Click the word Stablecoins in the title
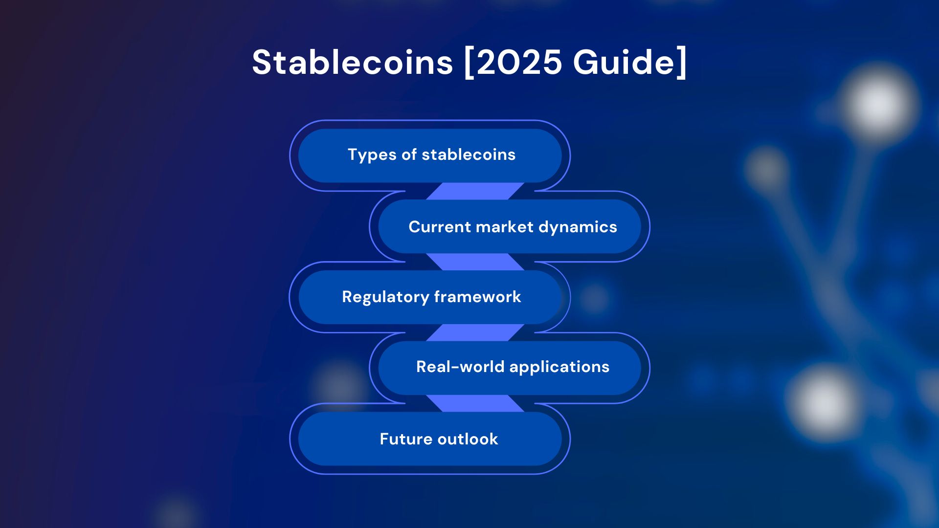coord(353,63)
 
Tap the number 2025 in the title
coord(519,63)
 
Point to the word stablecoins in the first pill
coord(469,154)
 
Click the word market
coord(504,227)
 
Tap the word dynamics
coord(578,227)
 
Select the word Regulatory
coord(385,297)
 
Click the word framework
coord(477,297)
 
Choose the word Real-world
coord(460,367)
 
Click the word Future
coord(406,439)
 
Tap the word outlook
coord(468,439)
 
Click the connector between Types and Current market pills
coord(475,191)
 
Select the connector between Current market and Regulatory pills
coord(475,262)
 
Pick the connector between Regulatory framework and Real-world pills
coord(475,332)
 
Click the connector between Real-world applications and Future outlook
coord(475,403)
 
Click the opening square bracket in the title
coord(469,63)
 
